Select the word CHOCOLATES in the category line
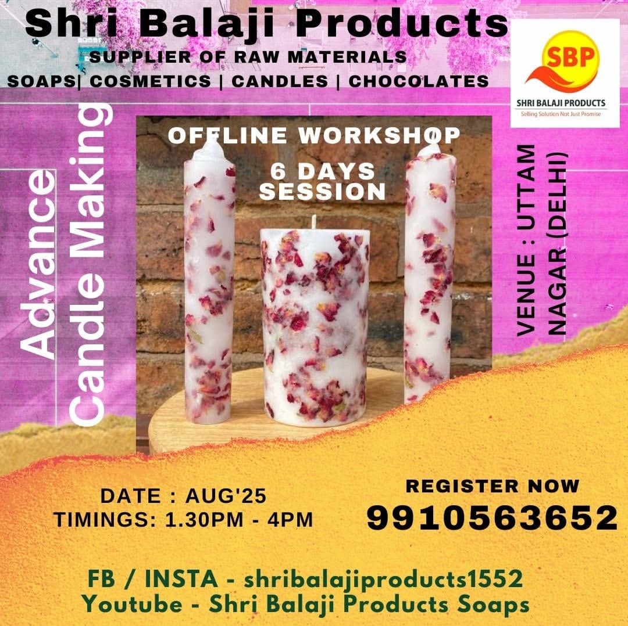pyautogui.click(x=419, y=81)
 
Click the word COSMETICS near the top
pyautogui.click(x=150, y=81)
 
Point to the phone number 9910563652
pyautogui.click(x=493, y=517)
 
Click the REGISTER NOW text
pyautogui.click(x=493, y=486)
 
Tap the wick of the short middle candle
pyautogui.click(x=314, y=222)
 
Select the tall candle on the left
pyautogui.click(x=209, y=280)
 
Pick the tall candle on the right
pyautogui.click(x=429, y=272)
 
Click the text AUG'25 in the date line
pyautogui.click(x=226, y=496)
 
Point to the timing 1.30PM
pyautogui.click(x=205, y=520)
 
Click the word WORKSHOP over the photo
pyautogui.click(x=379, y=136)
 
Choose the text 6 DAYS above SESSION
pyautogui.click(x=322, y=172)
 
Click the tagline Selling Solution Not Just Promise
pyautogui.click(x=561, y=114)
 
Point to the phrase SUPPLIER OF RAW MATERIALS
pyautogui.click(x=248, y=57)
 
